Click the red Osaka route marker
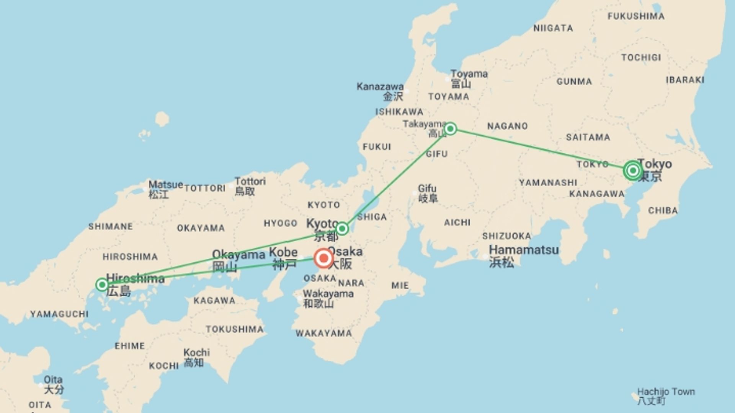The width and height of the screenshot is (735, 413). (323, 259)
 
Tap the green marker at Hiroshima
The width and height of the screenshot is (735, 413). (102, 285)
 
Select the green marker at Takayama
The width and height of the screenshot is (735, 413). (450, 128)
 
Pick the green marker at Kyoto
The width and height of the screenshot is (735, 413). (342, 229)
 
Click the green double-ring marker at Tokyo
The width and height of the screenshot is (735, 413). (632, 170)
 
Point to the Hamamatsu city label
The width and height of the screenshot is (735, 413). (524, 250)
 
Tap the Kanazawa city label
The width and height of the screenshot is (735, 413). (380, 87)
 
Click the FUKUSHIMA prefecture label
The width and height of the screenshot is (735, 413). (636, 16)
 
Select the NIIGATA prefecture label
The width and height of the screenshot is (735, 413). (553, 28)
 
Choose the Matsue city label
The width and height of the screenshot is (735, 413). (165, 185)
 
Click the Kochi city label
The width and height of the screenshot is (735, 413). (196, 352)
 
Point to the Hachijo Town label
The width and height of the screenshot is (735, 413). (666, 392)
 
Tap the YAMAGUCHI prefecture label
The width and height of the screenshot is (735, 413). (59, 314)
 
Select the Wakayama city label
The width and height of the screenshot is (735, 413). (328, 294)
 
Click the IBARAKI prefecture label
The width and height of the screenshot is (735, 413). (685, 80)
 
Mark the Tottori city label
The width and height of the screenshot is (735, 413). (250, 181)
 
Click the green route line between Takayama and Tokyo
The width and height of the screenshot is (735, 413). (540, 149)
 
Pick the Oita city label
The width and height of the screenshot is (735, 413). (53, 380)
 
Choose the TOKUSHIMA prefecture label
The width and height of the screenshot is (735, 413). (234, 329)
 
